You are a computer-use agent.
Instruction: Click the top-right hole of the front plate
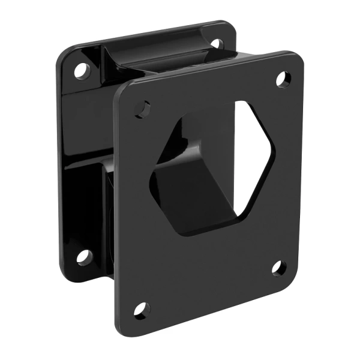pos(283,79)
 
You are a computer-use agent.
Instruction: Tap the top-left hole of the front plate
pos(143,109)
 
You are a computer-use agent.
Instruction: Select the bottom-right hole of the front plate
pos(278,268)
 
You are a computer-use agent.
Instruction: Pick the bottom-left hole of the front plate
pos(140,310)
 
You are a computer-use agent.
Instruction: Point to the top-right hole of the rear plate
pos(216,43)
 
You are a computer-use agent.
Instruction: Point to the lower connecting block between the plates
pos(90,198)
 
